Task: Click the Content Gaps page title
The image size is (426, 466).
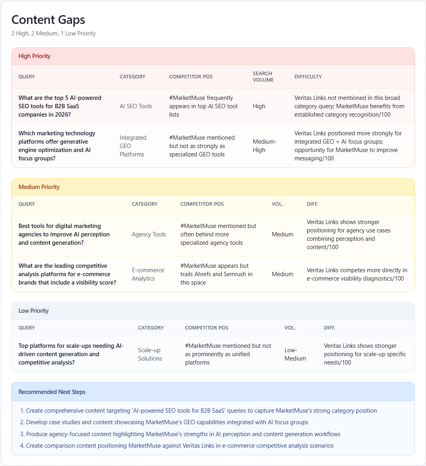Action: [x=48, y=20]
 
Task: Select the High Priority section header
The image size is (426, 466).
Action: [x=34, y=56]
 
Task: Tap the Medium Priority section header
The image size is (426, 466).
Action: [x=39, y=187]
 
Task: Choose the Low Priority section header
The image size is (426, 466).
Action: [x=33, y=311]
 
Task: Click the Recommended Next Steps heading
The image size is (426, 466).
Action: [x=52, y=392]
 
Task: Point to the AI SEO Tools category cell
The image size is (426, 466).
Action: [x=135, y=106]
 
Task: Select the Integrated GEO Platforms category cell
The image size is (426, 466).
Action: [x=133, y=146]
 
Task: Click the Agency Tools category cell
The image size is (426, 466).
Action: [x=149, y=234]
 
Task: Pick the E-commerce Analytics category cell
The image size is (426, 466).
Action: [x=148, y=274]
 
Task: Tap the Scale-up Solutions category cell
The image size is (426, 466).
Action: [x=150, y=354]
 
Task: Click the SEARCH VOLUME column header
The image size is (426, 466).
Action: [x=263, y=77]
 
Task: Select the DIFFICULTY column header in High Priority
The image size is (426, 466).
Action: [x=308, y=77]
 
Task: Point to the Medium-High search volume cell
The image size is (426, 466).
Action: [x=264, y=146]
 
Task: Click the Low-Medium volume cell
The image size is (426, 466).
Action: [x=295, y=354]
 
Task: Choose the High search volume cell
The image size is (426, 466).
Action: [x=259, y=106]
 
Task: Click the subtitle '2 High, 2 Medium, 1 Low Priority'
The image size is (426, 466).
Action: [x=53, y=33]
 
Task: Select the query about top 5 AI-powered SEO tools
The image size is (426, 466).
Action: [x=60, y=106]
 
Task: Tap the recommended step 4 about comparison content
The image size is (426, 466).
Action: [x=179, y=446]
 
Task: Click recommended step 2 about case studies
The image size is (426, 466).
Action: [x=167, y=422]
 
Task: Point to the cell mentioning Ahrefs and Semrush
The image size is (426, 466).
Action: [x=216, y=274]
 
